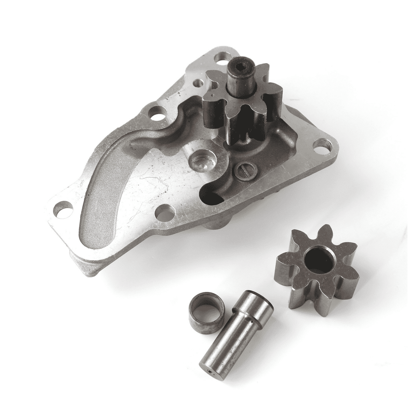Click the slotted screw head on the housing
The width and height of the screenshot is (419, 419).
(245, 171)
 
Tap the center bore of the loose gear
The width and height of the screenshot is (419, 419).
(319, 260)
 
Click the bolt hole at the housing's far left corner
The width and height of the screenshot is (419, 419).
(63, 209)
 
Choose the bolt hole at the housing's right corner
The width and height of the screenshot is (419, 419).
(322, 145)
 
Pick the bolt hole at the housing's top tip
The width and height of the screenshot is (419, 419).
(222, 57)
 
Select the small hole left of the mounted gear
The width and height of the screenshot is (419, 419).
(198, 82)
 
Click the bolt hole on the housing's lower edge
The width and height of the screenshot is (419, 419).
(165, 213)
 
